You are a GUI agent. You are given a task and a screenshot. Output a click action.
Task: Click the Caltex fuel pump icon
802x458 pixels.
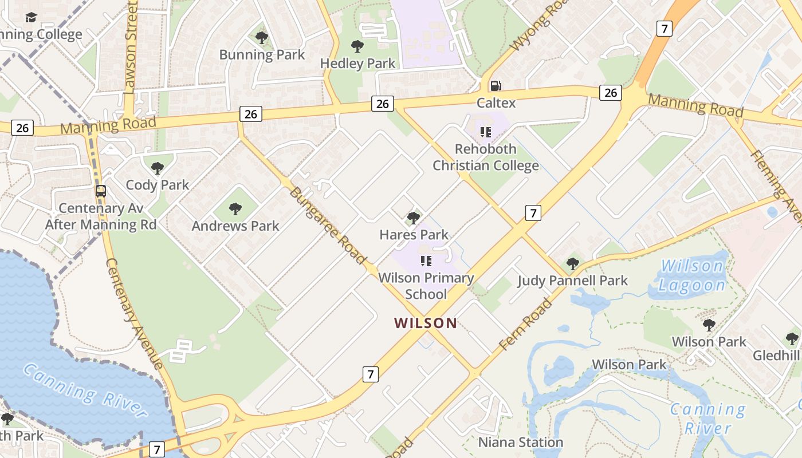tap(496, 86)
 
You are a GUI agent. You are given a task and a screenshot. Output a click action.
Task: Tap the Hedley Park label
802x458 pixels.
tap(357, 64)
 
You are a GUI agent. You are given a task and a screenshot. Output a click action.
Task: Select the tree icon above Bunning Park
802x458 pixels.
tap(262, 38)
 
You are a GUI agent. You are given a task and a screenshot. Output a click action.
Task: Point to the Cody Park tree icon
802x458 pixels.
tap(158, 168)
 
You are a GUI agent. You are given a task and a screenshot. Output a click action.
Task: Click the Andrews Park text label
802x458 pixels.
tap(235, 226)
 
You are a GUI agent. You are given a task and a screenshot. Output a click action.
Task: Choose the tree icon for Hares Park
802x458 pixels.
tap(413, 218)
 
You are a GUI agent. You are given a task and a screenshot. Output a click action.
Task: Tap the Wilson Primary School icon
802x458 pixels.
tap(426, 261)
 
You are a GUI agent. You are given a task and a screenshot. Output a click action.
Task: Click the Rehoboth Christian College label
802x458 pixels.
tap(485, 157)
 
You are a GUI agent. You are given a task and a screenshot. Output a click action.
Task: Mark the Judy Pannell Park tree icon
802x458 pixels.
tap(572, 264)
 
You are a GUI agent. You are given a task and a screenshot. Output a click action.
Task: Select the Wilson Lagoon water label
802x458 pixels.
tap(691, 275)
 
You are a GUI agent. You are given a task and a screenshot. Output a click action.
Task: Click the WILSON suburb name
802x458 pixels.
tap(426, 323)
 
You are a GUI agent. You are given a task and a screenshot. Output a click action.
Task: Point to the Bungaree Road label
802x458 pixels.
tap(328, 225)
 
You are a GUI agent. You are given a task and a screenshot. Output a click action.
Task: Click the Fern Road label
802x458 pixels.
tap(525, 324)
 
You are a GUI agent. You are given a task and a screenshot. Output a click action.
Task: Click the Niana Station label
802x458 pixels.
tap(520, 443)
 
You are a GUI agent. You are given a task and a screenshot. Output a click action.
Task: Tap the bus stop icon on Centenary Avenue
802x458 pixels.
tap(101, 191)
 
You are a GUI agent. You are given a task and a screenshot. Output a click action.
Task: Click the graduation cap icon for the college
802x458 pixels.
tap(31, 17)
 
